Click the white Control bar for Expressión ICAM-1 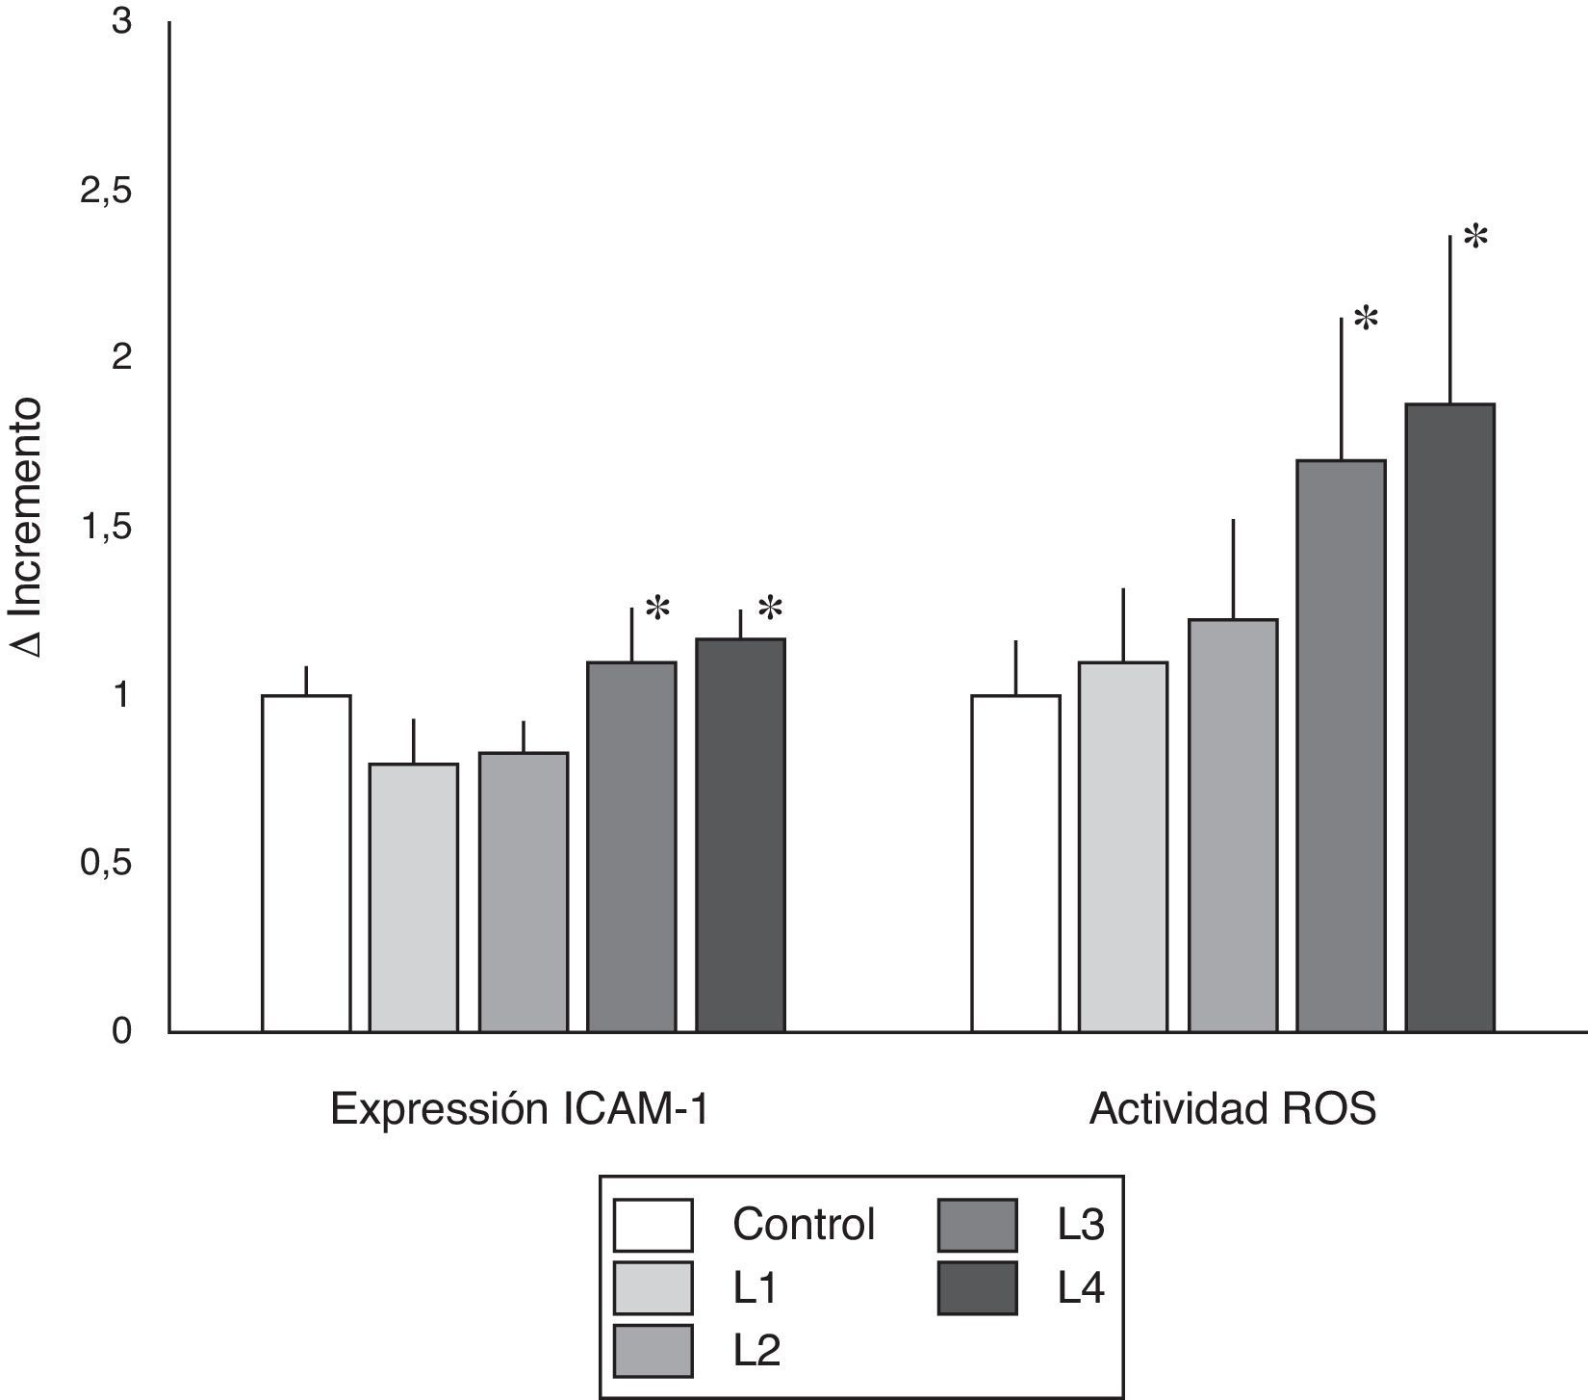pyautogui.click(x=306, y=863)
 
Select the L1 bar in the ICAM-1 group pyautogui.click(x=414, y=897)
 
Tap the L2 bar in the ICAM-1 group pyautogui.click(x=524, y=892)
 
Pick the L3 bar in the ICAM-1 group pyautogui.click(x=631, y=846)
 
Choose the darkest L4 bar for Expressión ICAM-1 pyautogui.click(x=740, y=835)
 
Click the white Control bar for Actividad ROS pyautogui.click(x=1015, y=863)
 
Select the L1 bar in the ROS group pyautogui.click(x=1123, y=846)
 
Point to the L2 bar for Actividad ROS pyautogui.click(x=1233, y=825)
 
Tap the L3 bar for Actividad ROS pyautogui.click(x=1342, y=745)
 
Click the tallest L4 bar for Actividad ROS pyautogui.click(x=1450, y=717)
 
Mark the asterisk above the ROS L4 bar pyautogui.click(x=1474, y=237)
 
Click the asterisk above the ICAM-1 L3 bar pyautogui.click(x=657, y=609)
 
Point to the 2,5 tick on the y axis pyautogui.click(x=106, y=192)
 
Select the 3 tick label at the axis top pyautogui.click(x=121, y=22)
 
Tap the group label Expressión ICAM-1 pyautogui.click(x=520, y=1110)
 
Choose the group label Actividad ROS pyautogui.click(x=1233, y=1110)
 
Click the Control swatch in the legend pyautogui.click(x=653, y=1224)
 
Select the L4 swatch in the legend pyautogui.click(x=978, y=1287)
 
